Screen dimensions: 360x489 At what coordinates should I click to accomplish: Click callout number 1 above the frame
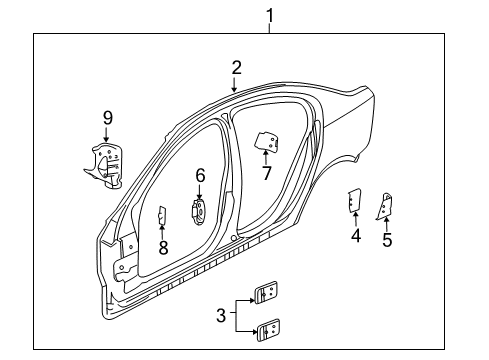[269, 15]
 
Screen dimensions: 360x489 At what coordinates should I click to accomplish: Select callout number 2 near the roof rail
[237, 68]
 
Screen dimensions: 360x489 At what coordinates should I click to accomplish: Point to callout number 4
[355, 236]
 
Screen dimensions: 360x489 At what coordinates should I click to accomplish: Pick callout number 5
[387, 239]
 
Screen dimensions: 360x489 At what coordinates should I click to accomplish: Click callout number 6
[200, 176]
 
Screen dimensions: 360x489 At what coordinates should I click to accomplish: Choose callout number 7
[267, 173]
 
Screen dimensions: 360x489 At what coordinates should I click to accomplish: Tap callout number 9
[107, 118]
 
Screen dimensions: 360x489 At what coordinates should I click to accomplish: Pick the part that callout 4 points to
[354, 201]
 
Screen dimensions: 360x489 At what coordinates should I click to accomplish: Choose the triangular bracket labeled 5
[385, 204]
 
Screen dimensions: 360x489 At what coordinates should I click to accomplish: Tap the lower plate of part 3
[269, 328]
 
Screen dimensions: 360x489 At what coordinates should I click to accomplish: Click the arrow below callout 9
[107, 136]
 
